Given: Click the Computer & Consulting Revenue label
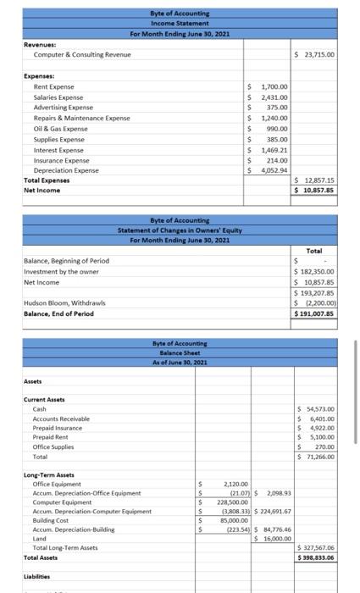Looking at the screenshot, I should coord(75,54).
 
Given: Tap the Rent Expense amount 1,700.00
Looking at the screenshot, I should coord(274,86).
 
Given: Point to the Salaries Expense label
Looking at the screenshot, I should coord(58,97).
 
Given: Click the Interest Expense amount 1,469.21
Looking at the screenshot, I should coord(273,149).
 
